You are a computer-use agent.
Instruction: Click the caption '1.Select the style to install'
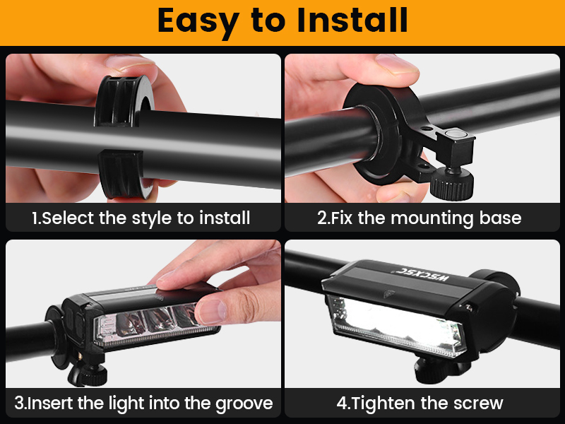(141, 218)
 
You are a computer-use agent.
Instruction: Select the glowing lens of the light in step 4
(395, 322)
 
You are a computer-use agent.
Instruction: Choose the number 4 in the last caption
(342, 404)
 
